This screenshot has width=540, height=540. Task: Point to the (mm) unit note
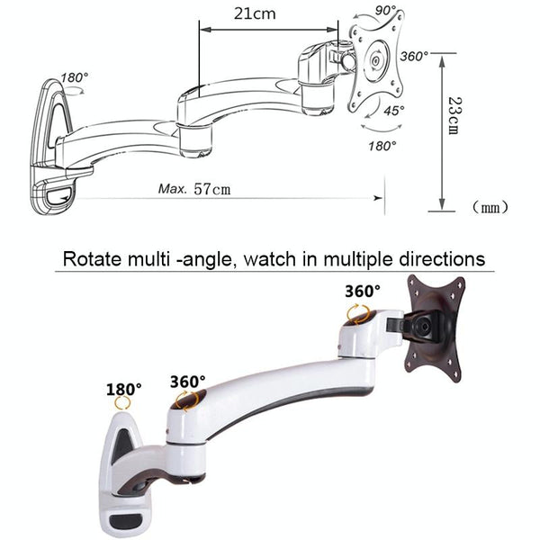(x=490, y=208)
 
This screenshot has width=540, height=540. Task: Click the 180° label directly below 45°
(x=382, y=145)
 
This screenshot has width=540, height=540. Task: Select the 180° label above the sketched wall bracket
(x=75, y=77)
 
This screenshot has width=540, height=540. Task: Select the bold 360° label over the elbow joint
(x=187, y=381)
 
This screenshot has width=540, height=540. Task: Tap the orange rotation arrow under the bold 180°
(x=123, y=407)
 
